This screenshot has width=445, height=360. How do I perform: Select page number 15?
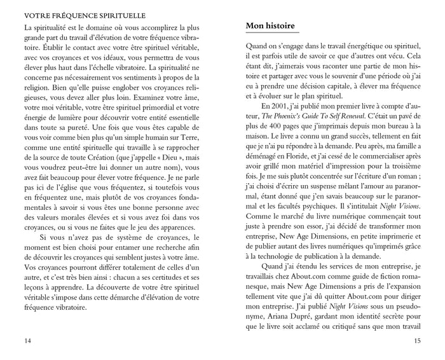coord(416,341)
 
